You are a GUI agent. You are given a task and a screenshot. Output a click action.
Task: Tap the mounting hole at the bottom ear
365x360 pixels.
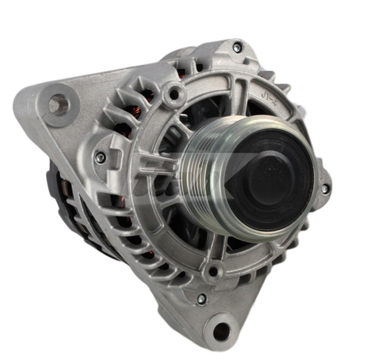coord(222,331)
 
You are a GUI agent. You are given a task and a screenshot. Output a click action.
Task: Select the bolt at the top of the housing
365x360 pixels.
coord(237,47)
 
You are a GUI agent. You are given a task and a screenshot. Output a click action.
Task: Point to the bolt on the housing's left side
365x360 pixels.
coord(100,157)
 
